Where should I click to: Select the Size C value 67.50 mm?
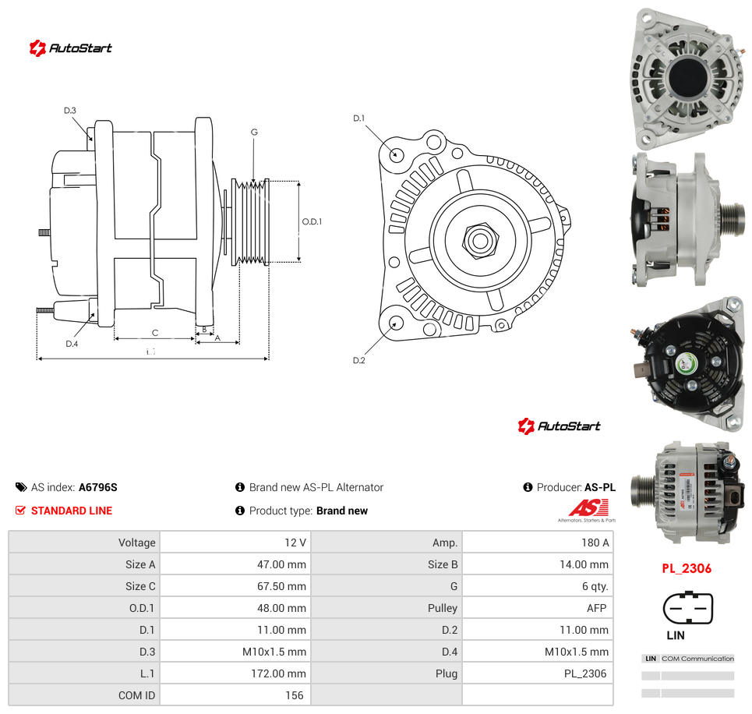(x=281, y=586)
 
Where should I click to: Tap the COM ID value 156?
(x=294, y=695)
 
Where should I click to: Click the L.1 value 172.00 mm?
(x=279, y=673)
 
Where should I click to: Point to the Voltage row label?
(x=136, y=543)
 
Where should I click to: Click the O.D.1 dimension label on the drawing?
(x=312, y=221)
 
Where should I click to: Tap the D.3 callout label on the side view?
(x=70, y=111)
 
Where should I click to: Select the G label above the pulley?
(x=254, y=132)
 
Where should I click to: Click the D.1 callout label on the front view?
(x=358, y=118)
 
